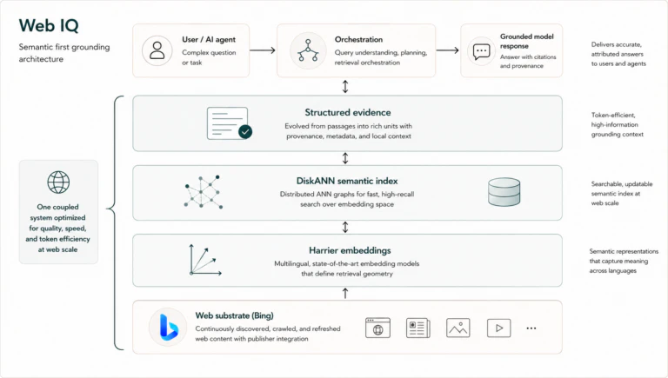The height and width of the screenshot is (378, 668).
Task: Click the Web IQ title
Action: click(x=49, y=25)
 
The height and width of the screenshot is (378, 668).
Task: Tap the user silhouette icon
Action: click(x=157, y=50)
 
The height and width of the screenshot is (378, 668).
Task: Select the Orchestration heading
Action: click(x=358, y=40)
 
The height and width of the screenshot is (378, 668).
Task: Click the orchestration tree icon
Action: click(x=308, y=50)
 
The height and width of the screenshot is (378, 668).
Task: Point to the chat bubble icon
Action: click(x=481, y=51)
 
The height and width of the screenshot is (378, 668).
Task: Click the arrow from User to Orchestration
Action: click(x=263, y=50)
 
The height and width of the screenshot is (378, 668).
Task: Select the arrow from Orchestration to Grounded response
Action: click(x=447, y=50)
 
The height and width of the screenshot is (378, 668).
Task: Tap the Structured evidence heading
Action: click(x=348, y=112)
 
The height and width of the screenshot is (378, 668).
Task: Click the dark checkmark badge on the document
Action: click(x=245, y=131)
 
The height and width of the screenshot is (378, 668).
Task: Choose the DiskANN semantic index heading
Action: click(x=347, y=181)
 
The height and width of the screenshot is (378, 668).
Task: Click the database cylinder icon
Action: click(x=504, y=192)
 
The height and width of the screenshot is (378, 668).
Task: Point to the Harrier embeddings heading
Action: click(x=350, y=250)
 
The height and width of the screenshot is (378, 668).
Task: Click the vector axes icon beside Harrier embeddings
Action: click(x=205, y=260)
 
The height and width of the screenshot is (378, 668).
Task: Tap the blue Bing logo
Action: click(x=168, y=327)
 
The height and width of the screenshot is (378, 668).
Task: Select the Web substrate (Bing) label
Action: click(x=234, y=315)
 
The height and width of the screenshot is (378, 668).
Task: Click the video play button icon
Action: click(x=499, y=328)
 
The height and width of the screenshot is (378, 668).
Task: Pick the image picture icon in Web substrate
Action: click(x=458, y=328)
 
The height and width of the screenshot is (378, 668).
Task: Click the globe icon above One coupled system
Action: click(x=58, y=182)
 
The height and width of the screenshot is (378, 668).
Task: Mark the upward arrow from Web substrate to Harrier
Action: click(x=345, y=294)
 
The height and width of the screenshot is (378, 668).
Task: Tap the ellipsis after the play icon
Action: click(x=531, y=328)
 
